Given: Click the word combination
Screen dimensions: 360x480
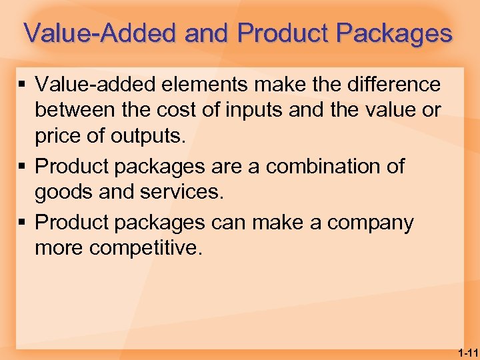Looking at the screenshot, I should tap(309, 166).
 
